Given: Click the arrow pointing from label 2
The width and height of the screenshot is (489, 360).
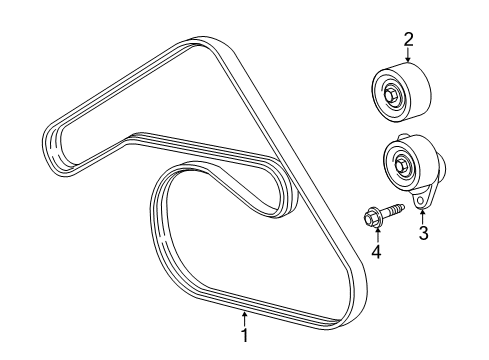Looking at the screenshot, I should [407, 56].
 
